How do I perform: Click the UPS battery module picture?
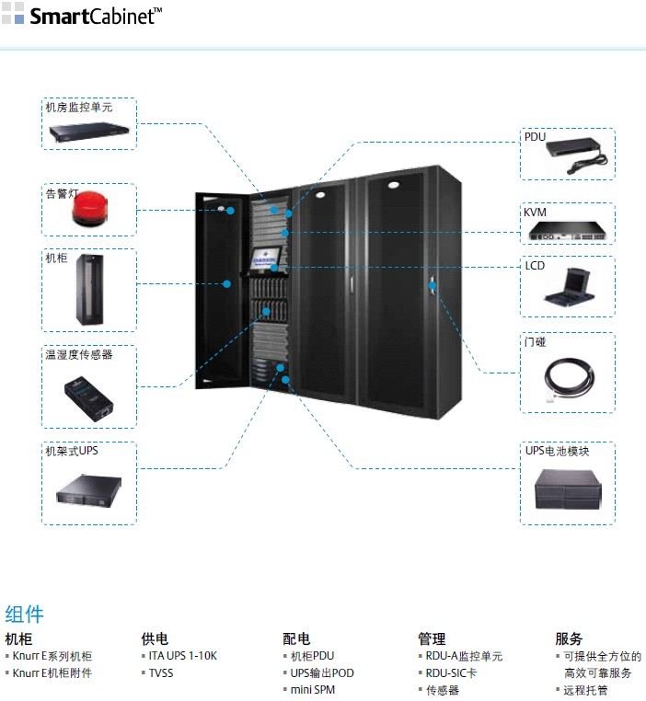tap(567, 488)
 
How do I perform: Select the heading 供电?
tap(155, 638)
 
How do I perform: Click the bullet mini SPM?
tap(313, 690)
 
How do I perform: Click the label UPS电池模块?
tap(558, 451)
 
